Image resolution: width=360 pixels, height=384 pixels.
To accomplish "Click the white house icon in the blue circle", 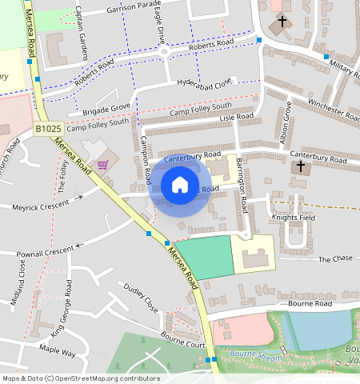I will pyautogui.click(x=180, y=185).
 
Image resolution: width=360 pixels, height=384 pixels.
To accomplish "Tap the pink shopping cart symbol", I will pyautogui.click(x=103, y=165).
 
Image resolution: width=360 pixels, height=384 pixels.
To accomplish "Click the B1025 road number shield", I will pyautogui.click(x=49, y=128).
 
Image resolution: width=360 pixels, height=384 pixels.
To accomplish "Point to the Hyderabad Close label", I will pyautogui.click(x=204, y=82).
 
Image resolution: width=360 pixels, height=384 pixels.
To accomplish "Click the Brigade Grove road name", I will pyautogui.click(x=104, y=107).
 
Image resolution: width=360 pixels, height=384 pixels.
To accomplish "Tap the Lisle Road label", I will pyautogui.click(x=235, y=117).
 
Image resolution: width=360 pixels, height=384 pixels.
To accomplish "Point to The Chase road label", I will pyautogui.click(x=335, y=259).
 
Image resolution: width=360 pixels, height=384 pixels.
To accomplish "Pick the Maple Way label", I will pyautogui.click(x=58, y=351).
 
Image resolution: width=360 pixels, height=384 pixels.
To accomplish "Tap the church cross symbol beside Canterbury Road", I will pyautogui.click(x=301, y=167).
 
